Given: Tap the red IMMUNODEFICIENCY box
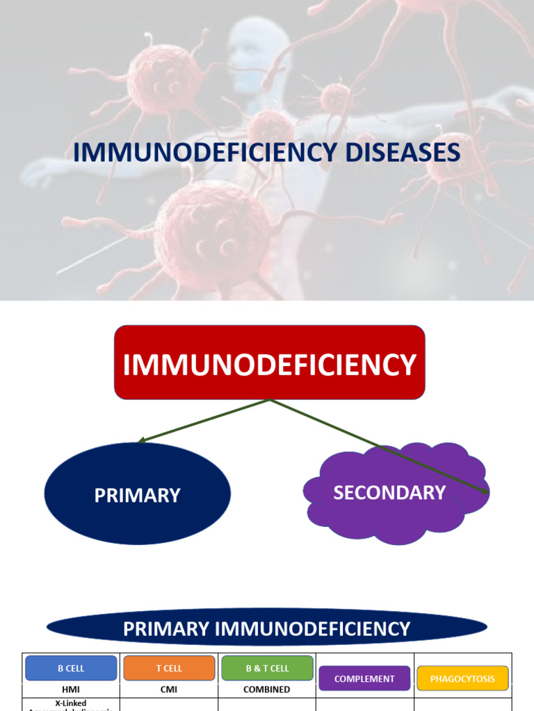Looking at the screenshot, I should [x=269, y=363].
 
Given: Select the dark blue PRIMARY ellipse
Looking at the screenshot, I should [x=137, y=494].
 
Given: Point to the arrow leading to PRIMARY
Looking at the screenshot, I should [x=202, y=420].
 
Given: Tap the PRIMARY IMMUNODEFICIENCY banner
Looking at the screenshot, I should [x=266, y=629].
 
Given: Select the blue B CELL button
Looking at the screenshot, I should [x=71, y=668].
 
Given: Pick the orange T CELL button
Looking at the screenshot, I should [x=169, y=668].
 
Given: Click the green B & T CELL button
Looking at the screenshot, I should [x=267, y=668].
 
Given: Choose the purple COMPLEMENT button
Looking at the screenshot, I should [x=364, y=678].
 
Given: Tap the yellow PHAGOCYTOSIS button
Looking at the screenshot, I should [x=462, y=678].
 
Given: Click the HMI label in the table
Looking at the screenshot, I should [x=71, y=689].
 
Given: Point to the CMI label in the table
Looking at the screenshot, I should [x=169, y=689].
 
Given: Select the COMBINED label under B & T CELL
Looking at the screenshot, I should [x=267, y=689].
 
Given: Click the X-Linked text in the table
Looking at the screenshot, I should [x=71, y=703].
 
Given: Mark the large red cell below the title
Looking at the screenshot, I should [x=212, y=233].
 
